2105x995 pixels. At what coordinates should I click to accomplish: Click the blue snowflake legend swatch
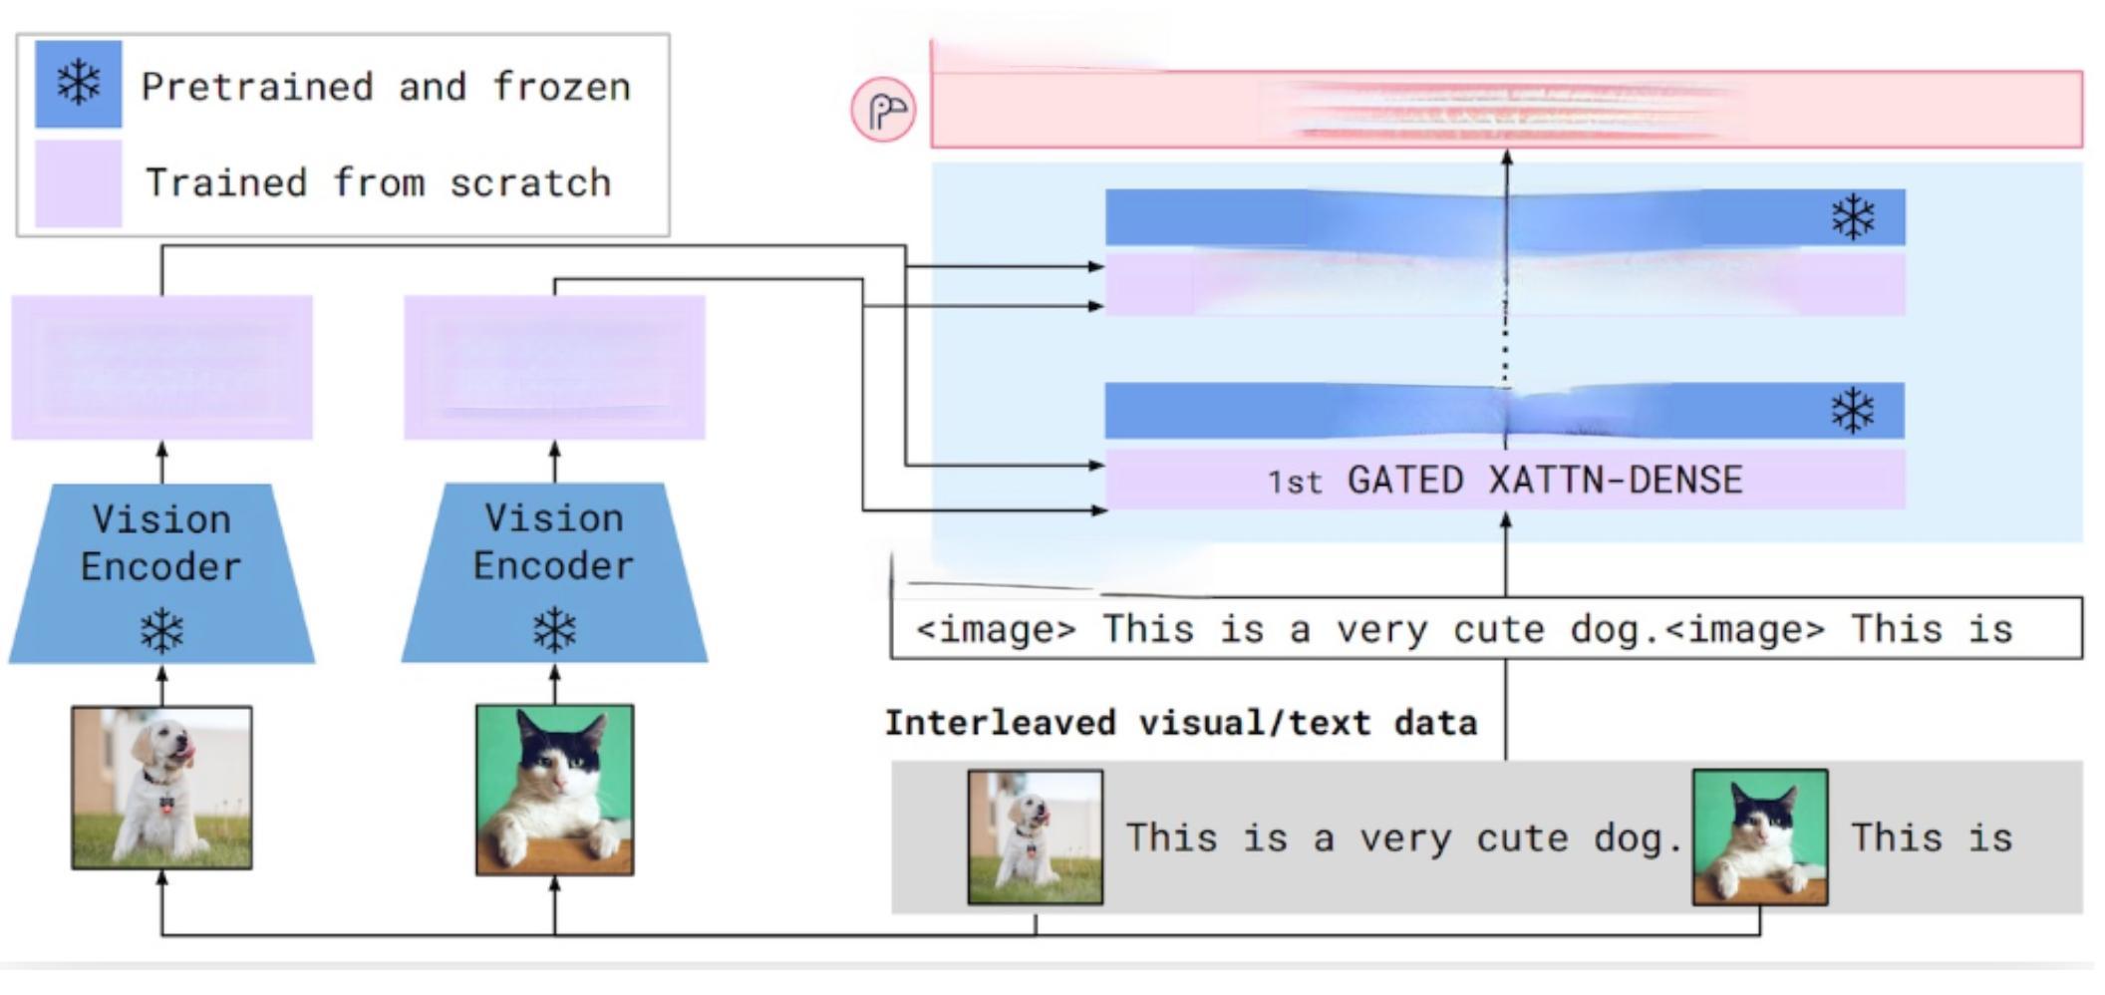coord(78,84)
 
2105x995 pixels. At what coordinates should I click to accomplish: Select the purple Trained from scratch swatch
coord(78,183)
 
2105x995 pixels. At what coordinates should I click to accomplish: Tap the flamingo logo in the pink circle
coord(884,110)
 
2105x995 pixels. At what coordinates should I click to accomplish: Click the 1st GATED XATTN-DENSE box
coord(1505,480)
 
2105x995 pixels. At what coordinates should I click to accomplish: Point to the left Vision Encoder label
coord(161,542)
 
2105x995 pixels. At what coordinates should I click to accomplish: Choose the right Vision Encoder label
coord(554,541)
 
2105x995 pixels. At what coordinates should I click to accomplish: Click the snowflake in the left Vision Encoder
coord(161,630)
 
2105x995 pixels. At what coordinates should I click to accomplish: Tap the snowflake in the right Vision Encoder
coord(554,629)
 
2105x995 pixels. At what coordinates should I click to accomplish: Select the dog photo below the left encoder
coord(161,788)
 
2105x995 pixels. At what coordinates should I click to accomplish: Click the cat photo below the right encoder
coord(554,790)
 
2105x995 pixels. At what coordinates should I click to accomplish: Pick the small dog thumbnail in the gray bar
coord(1036,836)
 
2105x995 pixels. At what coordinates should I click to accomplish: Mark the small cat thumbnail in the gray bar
coord(1760,836)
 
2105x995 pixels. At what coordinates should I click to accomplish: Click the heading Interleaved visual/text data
coord(1180,723)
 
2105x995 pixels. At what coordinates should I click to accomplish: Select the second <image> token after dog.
coord(1745,629)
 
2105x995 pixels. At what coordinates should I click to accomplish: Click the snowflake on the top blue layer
coord(1853,217)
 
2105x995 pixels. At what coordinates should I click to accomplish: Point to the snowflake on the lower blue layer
coord(1853,411)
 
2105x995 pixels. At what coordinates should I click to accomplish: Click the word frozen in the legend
coord(562,87)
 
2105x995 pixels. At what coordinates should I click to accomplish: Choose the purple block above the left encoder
coord(161,367)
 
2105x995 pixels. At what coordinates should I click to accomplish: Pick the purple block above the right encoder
coord(554,367)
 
